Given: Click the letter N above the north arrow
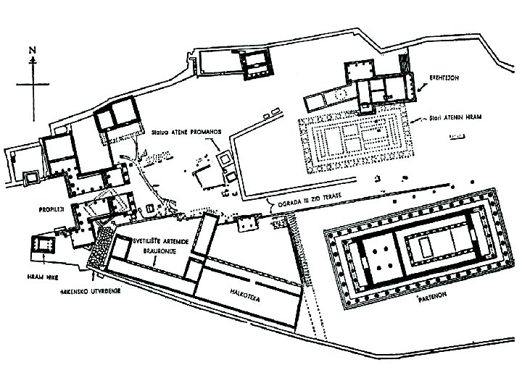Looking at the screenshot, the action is [x=32, y=49].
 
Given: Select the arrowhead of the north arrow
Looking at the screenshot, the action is [x=32, y=61].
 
